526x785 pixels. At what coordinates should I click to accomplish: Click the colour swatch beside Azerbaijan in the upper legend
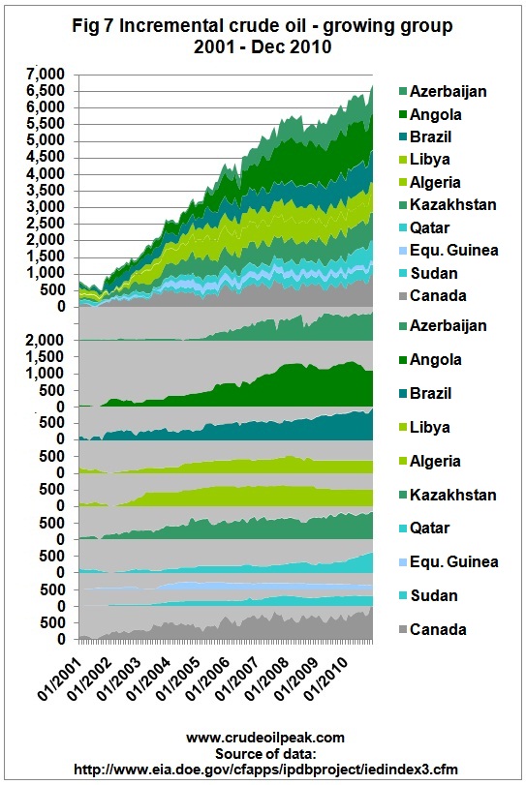coord(402,91)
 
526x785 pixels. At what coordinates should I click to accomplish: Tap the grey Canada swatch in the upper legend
coord(402,296)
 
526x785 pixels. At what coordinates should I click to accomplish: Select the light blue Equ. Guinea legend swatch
coord(402,251)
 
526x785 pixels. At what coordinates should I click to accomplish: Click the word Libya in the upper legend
coord(430,160)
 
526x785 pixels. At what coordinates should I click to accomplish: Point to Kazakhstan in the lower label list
coord(452,495)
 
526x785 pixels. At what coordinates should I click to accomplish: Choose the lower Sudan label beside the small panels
coord(434,595)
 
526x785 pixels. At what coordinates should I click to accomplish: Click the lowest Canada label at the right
coord(438,629)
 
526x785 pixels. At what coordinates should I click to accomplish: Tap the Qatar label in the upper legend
coord(430,227)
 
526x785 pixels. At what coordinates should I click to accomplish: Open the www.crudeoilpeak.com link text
coord(265,738)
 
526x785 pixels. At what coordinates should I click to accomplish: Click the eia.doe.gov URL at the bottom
coord(265,769)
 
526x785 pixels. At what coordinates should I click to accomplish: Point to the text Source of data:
coord(265,753)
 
